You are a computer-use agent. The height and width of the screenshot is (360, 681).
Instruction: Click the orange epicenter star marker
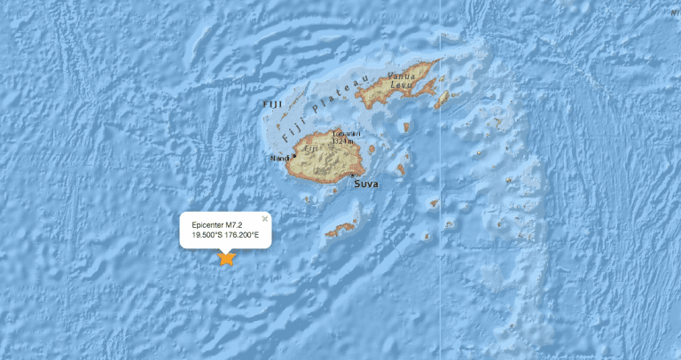226,259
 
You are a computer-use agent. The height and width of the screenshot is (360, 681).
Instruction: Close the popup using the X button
264,218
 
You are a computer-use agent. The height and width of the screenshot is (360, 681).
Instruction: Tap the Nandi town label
280,158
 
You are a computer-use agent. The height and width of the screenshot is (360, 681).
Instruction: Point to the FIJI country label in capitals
272,106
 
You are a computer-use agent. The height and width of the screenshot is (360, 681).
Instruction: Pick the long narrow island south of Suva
340,231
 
